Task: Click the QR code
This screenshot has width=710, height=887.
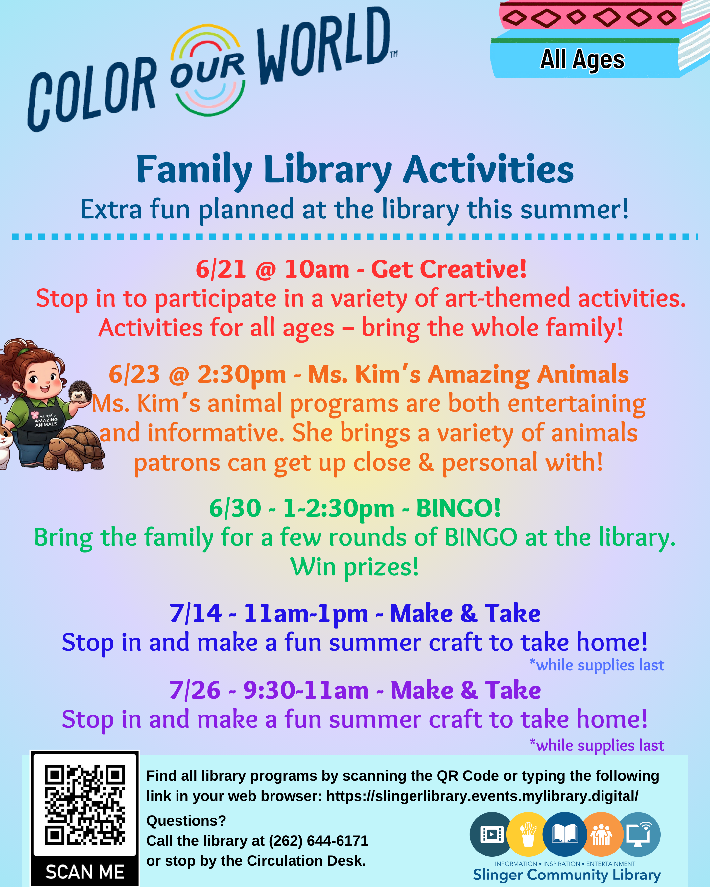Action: pos(84,805)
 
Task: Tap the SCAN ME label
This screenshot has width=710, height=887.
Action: pos(85,872)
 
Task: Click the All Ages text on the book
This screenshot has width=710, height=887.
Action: pos(582,60)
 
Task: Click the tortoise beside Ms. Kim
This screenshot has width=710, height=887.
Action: pos(74,448)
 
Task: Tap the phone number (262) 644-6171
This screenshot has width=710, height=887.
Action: pos(318,840)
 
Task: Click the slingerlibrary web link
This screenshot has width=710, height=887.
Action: pos(483,796)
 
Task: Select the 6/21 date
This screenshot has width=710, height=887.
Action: pos(221,269)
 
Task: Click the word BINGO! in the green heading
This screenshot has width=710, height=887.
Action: pos(459,508)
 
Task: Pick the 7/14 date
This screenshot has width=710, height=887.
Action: pos(196,613)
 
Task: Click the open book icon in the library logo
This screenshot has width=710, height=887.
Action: pos(565,834)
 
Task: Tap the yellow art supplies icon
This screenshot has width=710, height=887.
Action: pos(528,834)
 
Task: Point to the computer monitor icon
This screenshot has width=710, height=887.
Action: pos(638,834)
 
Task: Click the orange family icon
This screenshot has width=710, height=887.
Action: pos(601,834)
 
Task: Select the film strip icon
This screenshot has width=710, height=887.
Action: pos(491,834)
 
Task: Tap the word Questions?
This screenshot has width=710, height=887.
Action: pos(186,821)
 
